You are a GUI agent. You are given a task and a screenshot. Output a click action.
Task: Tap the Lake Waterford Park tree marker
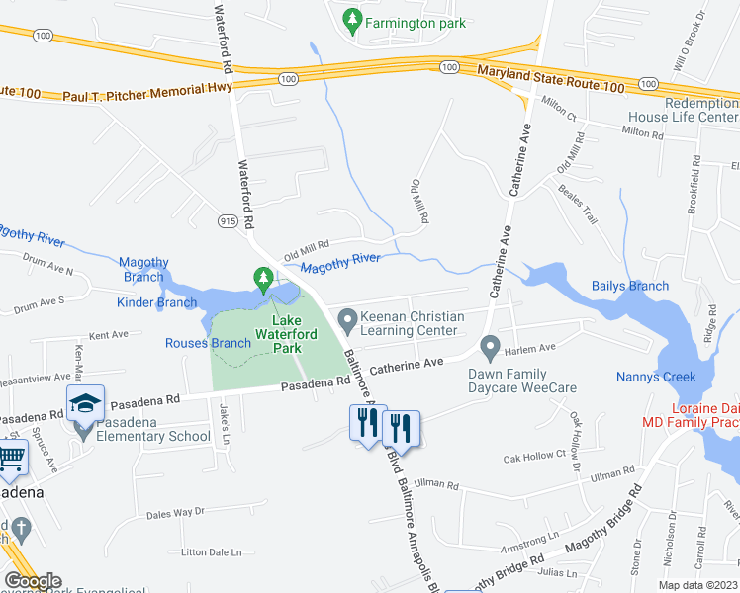[263, 280]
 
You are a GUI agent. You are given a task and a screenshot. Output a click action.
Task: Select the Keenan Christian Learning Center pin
[347, 320]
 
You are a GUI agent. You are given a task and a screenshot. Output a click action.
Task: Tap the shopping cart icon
[10, 458]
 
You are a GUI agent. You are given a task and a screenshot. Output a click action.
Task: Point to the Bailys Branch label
[630, 286]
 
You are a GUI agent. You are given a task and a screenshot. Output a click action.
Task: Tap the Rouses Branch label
[207, 343]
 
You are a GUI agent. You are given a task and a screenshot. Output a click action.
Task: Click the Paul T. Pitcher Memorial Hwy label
[147, 93]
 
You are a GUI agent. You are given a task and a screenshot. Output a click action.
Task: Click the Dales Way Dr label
[174, 512]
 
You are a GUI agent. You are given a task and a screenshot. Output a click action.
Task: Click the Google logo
[33, 581]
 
